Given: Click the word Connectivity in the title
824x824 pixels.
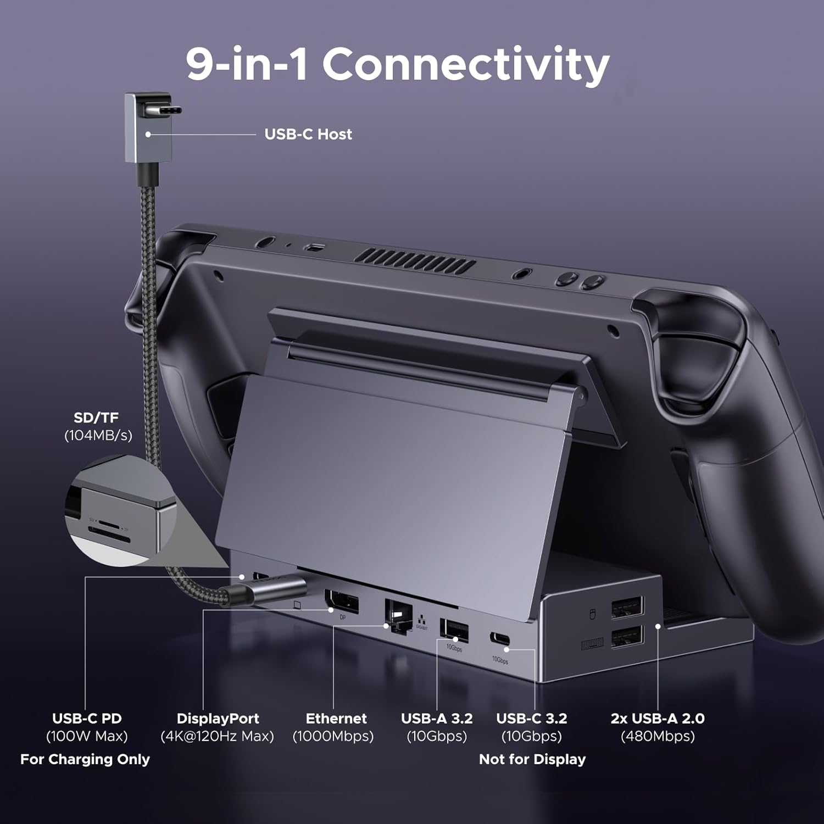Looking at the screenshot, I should point(466,65).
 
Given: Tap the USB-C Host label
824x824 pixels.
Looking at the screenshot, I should point(308,134).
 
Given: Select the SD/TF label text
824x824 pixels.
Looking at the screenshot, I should point(96,417).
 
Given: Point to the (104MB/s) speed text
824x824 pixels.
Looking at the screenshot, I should point(98,436).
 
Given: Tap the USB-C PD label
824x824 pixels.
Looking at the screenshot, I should point(87,719).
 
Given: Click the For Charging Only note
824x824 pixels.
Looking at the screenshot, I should point(85,759).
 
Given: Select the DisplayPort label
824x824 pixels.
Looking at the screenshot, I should point(218,719).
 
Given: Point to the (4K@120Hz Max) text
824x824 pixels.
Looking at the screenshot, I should point(217,736).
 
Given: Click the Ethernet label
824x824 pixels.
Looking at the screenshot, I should point(336,719).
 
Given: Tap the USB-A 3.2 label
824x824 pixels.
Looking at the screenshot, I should point(437,719).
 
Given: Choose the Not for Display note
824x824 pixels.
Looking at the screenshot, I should point(532,759).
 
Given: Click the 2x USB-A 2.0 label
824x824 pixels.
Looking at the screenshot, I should point(658,719).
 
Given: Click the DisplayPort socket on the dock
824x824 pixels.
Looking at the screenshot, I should point(342,602).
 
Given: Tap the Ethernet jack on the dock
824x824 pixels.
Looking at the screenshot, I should point(399,616).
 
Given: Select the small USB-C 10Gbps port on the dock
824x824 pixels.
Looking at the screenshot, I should point(499,639).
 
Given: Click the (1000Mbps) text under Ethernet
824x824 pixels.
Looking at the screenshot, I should point(333,736).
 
